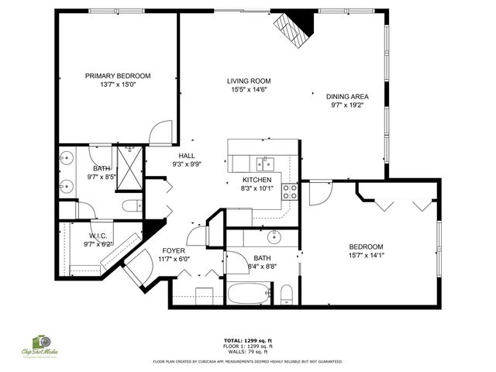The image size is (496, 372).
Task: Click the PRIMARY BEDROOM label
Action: [118, 76]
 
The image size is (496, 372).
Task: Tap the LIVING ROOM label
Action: [248, 81]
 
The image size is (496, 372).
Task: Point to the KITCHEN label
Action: [257, 179]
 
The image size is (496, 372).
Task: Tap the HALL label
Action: [187, 155]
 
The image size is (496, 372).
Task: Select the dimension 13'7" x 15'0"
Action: [118, 86]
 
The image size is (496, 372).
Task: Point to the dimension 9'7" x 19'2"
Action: [346, 106]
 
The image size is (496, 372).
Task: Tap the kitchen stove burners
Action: [290, 191]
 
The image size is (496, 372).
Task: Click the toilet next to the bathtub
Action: [285, 294]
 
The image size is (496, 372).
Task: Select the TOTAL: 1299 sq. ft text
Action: [247, 340]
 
